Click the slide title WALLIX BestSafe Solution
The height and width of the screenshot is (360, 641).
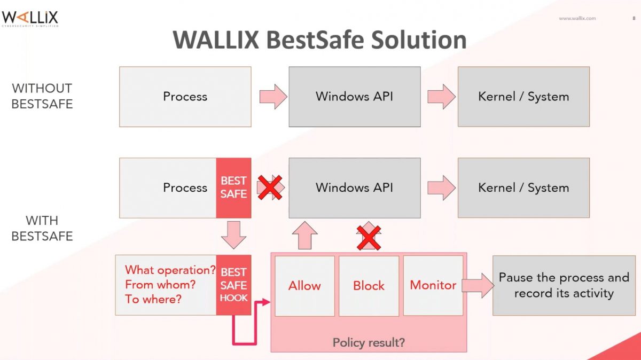point(319,41)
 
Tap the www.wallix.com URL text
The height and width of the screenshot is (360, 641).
point(577,18)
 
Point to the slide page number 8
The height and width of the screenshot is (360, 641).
point(626,18)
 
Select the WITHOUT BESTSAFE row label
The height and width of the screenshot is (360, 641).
point(42,96)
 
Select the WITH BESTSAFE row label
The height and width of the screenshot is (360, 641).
point(42,228)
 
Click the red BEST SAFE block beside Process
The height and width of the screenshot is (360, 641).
point(233,187)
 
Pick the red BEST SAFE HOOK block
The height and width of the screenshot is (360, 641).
point(233,285)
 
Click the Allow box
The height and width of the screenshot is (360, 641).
point(304,286)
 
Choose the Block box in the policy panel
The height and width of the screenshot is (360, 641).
point(369,286)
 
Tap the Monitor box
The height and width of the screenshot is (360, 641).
point(433,286)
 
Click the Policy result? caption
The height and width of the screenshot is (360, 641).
point(369,342)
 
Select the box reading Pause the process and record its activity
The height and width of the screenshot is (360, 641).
point(564,285)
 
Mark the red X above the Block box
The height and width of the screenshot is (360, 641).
point(369,238)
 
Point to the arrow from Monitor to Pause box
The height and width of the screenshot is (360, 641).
point(478,285)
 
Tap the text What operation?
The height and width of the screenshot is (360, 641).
point(170,270)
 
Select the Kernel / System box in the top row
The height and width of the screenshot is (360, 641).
point(523,97)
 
